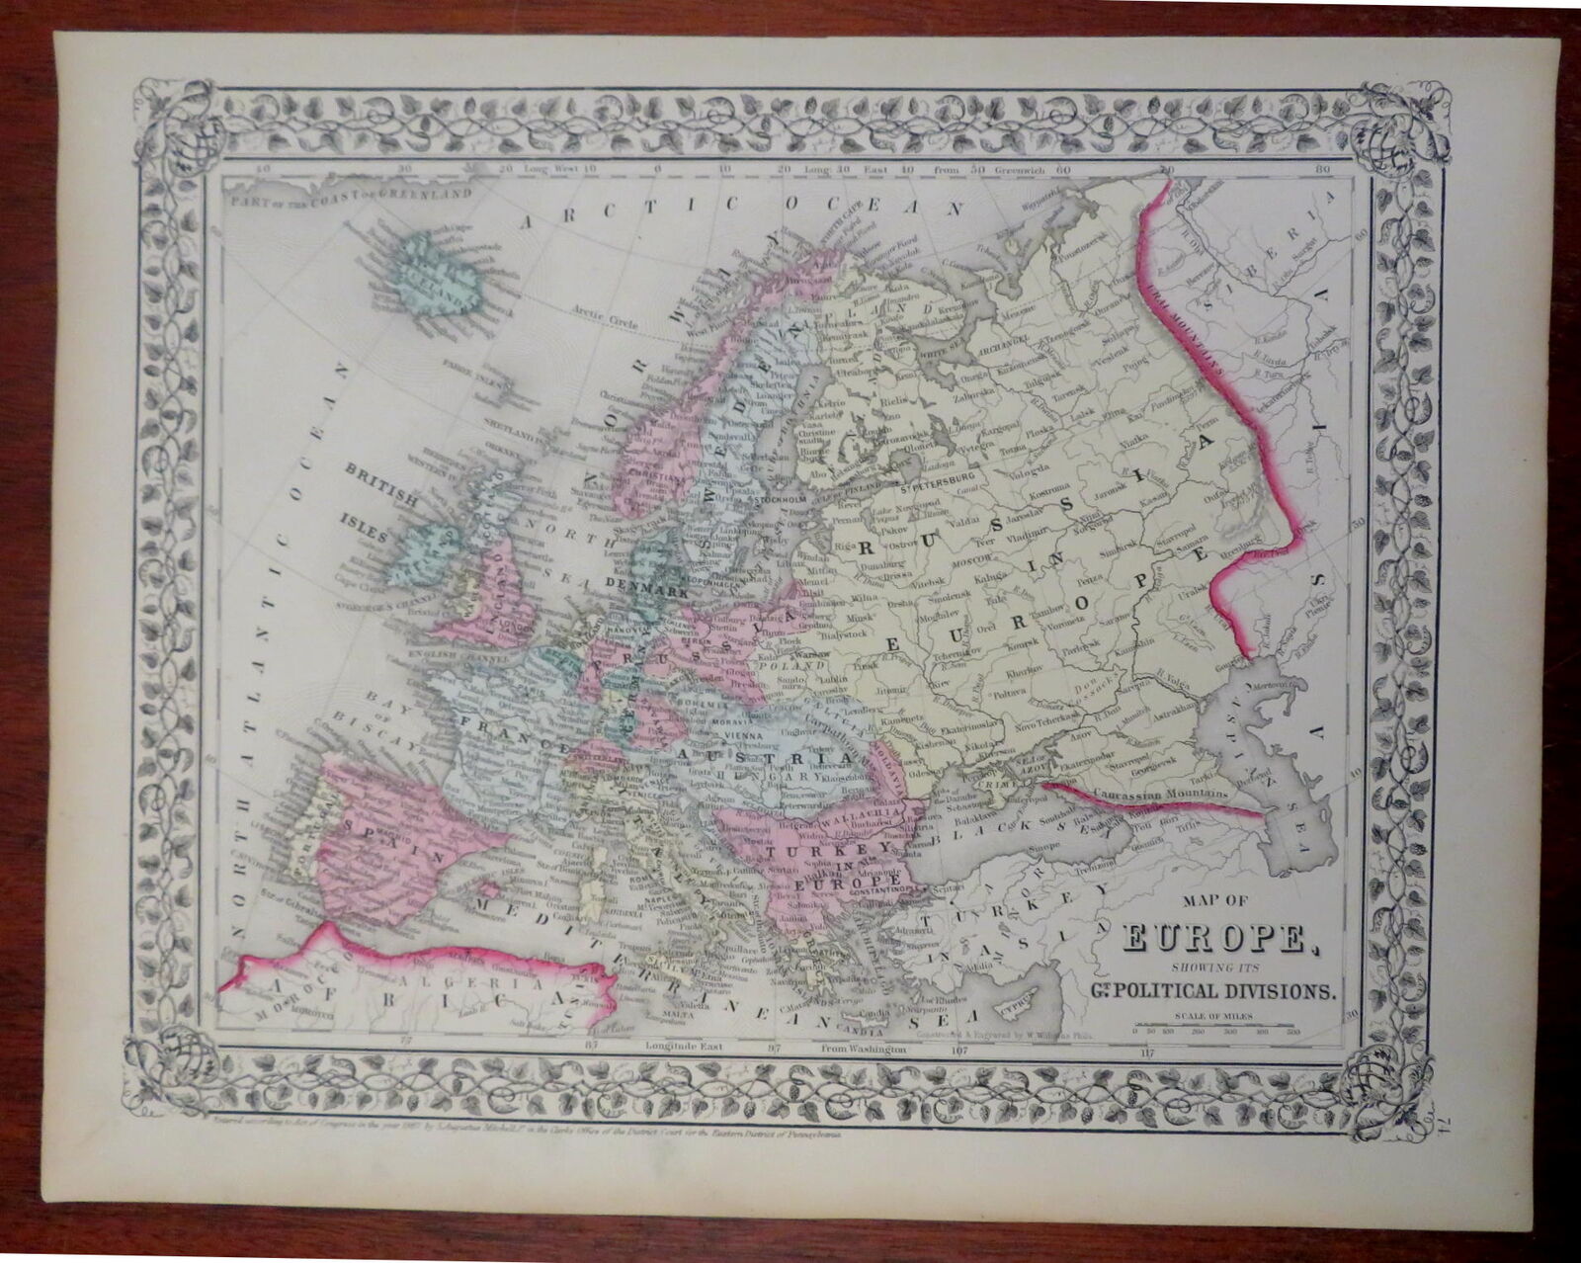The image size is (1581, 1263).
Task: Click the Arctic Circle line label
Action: point(600,314)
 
